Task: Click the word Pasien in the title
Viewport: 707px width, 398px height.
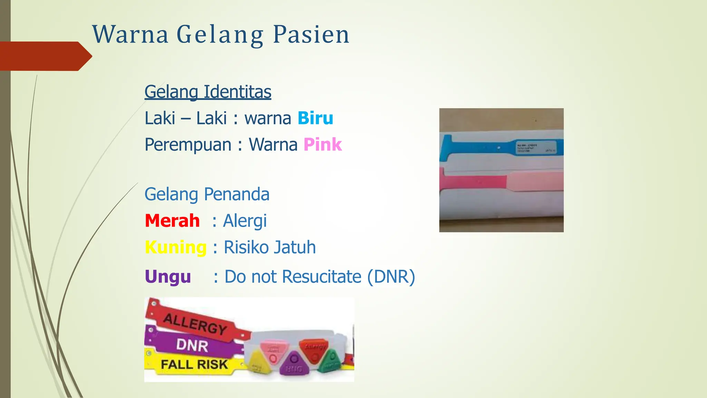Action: (x=311, y=35)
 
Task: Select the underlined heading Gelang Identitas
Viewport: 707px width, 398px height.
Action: (x=208, y=92)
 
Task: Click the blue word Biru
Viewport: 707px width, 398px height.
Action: (x=315, y=118)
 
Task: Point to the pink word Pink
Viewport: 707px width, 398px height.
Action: (x=322, y=144)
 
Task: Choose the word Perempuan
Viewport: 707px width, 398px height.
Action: (x=188, y=144)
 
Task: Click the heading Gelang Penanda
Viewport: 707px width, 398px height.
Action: (x=207, y=194)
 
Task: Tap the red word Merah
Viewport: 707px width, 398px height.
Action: (x=172, y=221)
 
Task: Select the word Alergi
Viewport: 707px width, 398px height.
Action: (x=245, y=221)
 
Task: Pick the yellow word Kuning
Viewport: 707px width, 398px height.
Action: (x=176, y=247)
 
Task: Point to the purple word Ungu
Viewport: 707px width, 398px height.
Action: (x=168, y=277)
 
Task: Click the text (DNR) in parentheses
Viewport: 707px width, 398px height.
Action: (x=391, y=277)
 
